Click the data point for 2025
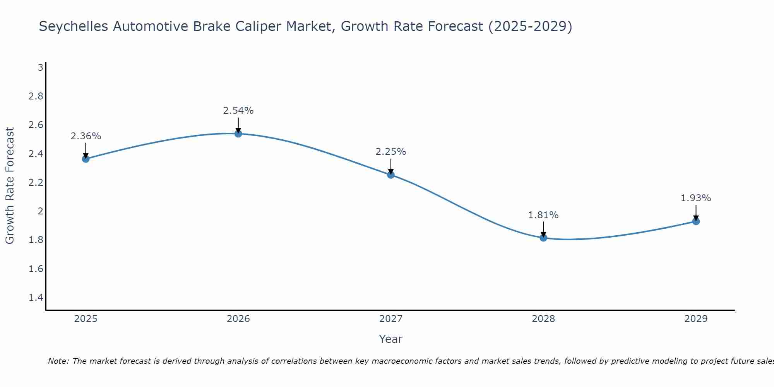(86, 159)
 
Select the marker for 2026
(238, 134)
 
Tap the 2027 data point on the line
(391, 175)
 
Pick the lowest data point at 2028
(543, 238)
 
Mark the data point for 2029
(696, 221)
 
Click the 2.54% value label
(238, 111)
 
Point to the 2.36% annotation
(86, 136)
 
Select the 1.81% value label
(543, 215)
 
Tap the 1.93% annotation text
(696, 198)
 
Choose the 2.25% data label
(391, 152)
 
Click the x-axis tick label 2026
(238, 319)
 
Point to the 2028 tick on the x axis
(543, 319)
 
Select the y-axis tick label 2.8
(36, 96)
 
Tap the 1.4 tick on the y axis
(36, 298)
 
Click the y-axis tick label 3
(40, 68)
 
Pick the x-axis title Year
(391, 339)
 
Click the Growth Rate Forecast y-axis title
(10, 186)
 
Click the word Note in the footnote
(58, 361)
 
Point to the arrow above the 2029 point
(696, 212)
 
